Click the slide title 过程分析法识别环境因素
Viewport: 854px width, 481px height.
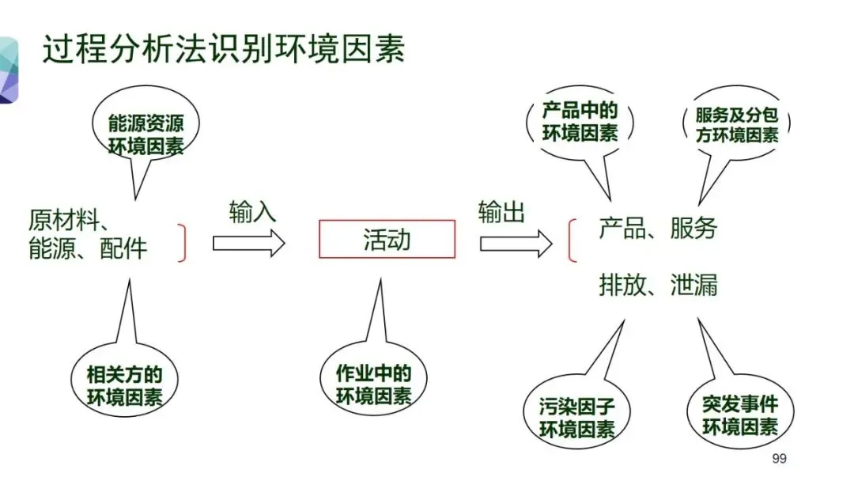(224, 49)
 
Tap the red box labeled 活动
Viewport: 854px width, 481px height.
(387, 239)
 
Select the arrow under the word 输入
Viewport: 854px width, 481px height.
(248, 243)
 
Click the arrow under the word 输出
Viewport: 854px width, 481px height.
(516, 243)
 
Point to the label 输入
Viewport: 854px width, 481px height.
(253, 211)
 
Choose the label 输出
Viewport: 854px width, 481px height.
(501, 211)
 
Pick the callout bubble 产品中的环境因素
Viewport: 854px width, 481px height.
(580, 121)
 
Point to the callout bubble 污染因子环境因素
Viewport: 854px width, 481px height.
(577, 418)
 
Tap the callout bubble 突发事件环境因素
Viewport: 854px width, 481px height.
(739, 415)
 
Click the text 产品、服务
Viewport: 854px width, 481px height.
(658, 229)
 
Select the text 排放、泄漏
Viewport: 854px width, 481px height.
(658, 284)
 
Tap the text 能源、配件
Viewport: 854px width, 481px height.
(88, 248)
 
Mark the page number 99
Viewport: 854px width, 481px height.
(779, 459)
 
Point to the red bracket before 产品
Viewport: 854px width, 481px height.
(572, 241)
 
